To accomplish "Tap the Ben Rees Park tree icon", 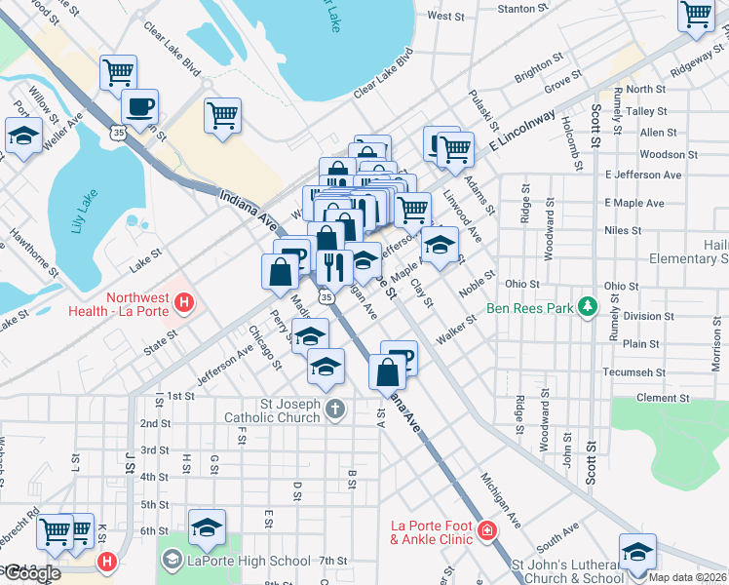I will coord(587,307).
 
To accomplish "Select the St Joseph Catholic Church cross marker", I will coord(335,409).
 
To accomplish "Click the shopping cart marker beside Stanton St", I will coord(697,14).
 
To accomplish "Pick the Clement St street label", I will coord(663,398).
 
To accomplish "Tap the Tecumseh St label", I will coord(633,372).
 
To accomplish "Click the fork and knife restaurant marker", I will coord(333,266).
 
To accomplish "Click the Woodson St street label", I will coord(662,154).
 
